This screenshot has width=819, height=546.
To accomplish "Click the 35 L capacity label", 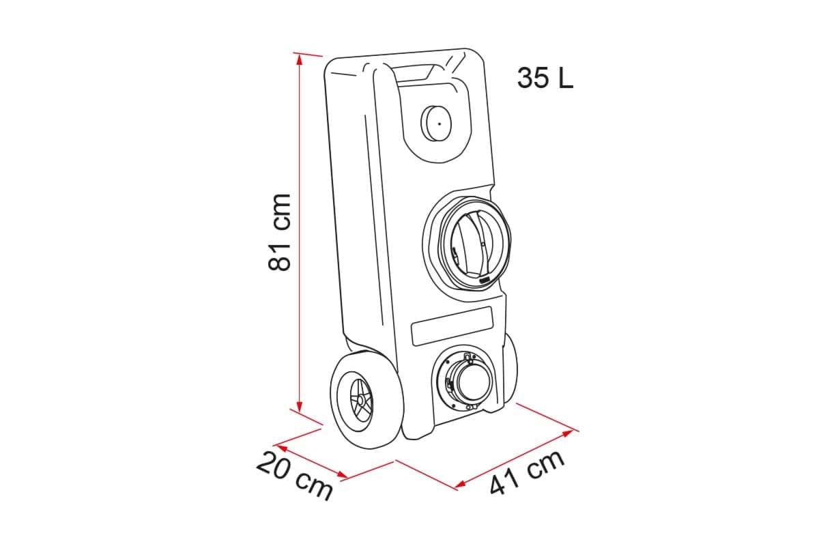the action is click(x=545, y=78).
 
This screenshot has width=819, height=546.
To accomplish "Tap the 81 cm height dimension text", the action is click(x=279, y=233).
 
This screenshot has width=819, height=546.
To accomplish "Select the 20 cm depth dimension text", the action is click(x=295, y=475).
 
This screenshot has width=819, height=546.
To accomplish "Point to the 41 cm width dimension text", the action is click(x=527, y=472).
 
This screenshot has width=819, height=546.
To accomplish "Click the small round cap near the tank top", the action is click(x=436, y=124).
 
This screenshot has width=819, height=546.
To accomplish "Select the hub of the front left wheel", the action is click(x=361, y=401).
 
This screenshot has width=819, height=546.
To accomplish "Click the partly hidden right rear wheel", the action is click(x=509, y=369).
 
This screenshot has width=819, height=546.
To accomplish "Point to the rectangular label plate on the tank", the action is click(x=452, y=326).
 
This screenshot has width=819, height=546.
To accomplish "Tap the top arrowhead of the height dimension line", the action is click(x=300, y=60).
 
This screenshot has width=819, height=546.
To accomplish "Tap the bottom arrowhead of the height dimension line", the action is click(x=300, y=406).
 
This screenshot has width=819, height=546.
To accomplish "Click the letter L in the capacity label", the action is click(x=566, y=78).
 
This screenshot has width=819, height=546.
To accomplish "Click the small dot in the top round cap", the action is click(x=440, y=124).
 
